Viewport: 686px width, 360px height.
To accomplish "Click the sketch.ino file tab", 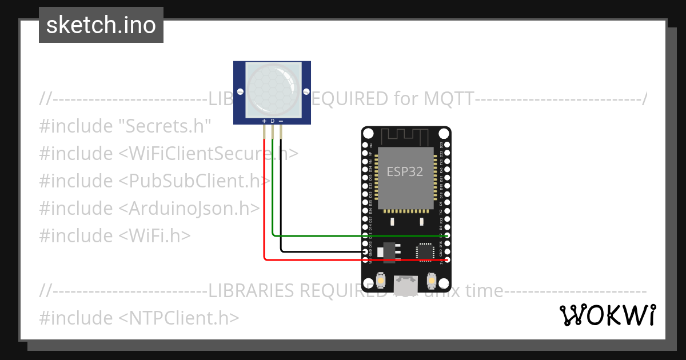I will click(x=101, y=25).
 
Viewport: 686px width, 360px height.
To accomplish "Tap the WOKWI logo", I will click(x=608, y=315).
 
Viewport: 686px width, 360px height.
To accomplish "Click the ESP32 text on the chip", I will click(x=405, y=171).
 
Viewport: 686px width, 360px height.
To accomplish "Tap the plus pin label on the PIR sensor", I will click(x=264, y=121).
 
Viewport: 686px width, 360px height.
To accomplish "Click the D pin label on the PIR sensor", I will click(x=273, y=121).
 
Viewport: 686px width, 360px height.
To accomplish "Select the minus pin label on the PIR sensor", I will click(x=281, y=121).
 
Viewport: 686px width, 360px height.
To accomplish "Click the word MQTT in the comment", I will click(x=448, y=99).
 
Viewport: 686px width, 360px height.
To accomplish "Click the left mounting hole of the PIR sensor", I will click(x=240, y=91).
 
